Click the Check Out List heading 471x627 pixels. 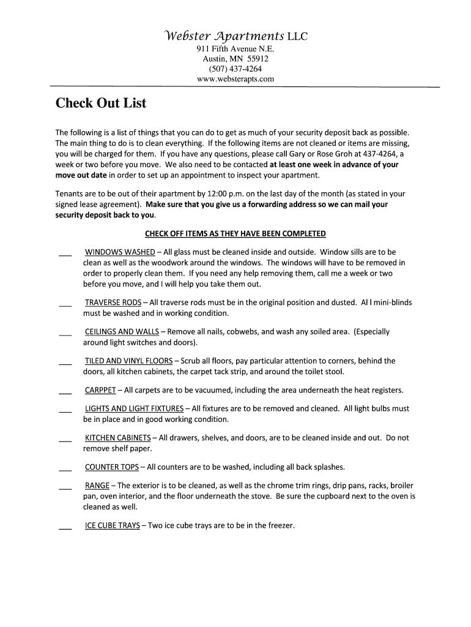click(x=101, y=103)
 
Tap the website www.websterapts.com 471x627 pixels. click(x=235, y=79)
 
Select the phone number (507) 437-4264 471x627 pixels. click(x=235, y=69)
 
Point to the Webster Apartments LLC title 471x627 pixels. click(x=235, y=37)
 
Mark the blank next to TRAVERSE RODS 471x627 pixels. click(x=65, y=304)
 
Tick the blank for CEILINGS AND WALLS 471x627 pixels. click(x=65, y=334)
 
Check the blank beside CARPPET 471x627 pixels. click(x=65, y=392)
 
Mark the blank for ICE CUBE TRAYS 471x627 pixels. click(x=65, y=528)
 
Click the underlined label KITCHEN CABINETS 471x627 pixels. click(x=117, y=438)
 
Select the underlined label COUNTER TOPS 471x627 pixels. click(x=112, y=467)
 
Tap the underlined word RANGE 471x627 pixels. click(x=97, y=486)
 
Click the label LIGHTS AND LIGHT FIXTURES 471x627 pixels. click(x=134, y=408)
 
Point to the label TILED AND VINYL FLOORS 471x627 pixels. click(x=128, y=361)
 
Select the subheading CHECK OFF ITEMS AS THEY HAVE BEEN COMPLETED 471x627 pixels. click(x=235, y=233)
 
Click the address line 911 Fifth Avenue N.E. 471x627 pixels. click(x=235, y=49)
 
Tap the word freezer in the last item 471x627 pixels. click(x=280, y=525)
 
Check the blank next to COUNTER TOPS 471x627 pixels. click(x=65, y=470)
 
